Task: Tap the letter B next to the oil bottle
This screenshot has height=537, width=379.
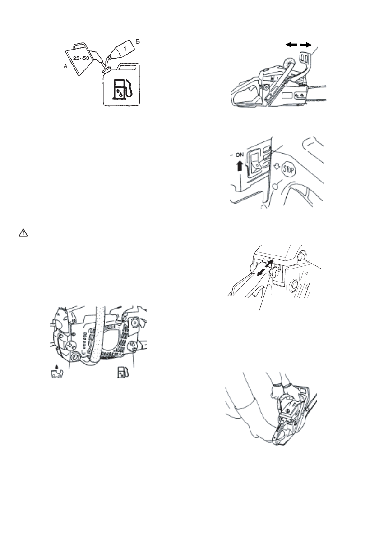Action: coord(138,42)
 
